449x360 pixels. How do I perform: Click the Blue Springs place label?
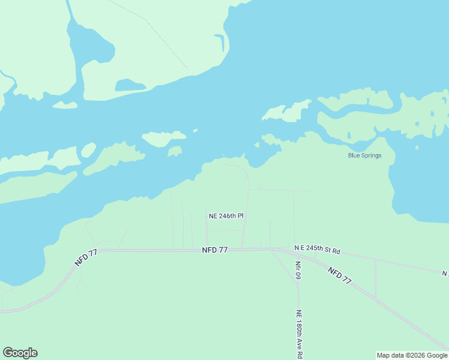[364, 155]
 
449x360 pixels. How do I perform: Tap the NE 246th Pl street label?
[226, 216]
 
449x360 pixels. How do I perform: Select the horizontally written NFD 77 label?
[214, 250]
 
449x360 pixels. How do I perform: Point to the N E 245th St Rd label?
[317, 248]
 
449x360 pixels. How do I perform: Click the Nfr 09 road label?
[298, 269]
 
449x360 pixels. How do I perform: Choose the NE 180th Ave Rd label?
[298, 334]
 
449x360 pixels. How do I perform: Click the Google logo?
[20, 353]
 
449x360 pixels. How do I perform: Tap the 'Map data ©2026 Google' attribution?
[412, 355]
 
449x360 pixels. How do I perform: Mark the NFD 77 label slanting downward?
[339, 275]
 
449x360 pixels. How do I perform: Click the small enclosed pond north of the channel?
[130, 85]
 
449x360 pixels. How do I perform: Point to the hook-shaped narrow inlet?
[221, 41]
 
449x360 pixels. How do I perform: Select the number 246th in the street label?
[228, 216]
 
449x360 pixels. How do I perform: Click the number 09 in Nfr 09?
[298, 275]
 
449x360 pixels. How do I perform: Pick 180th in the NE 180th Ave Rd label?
[298, 329]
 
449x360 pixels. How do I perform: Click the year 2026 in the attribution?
[414, 355]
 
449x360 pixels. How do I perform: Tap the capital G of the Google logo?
[8, 353]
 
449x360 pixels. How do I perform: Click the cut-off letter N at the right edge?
[445, 274]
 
